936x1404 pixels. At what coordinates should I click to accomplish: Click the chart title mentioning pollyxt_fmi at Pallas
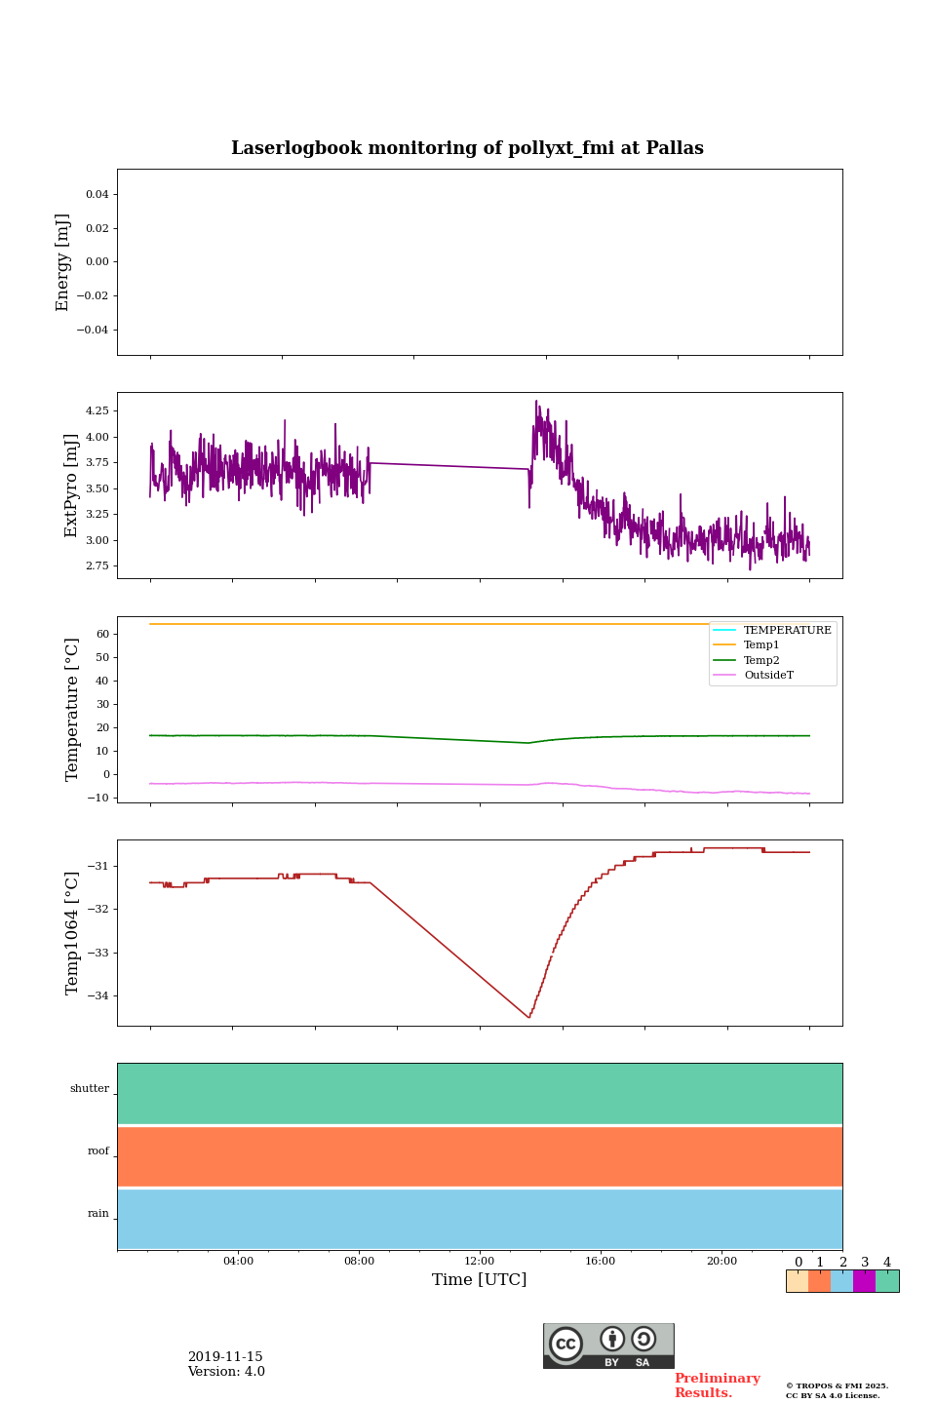click(467, 148)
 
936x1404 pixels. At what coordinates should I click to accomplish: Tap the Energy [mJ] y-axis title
click(63, 262)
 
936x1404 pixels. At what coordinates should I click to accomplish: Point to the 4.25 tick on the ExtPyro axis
click(97, 410)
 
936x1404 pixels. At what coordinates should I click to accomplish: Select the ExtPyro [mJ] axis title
click(71, 486)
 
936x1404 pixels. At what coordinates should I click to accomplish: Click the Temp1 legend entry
click(761, 645)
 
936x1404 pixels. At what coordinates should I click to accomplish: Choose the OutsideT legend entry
click(768, 676)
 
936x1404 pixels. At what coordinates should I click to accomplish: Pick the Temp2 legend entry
click(761, 660)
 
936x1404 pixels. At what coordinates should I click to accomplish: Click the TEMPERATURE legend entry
click(787, 631)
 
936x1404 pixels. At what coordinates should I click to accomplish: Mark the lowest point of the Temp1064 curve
click(529, 1018)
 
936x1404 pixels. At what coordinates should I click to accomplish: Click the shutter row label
click(90, 1089)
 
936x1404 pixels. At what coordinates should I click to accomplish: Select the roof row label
click(98, 1151)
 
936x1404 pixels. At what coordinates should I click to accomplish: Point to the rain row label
click(98, 1214)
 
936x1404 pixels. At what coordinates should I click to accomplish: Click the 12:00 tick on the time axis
click(480, 1262)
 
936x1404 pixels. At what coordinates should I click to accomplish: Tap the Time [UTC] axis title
click(480, 1280)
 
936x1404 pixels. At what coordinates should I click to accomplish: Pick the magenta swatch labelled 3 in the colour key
click(864, 1281)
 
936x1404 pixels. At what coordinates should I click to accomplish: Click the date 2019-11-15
click(225, 1357)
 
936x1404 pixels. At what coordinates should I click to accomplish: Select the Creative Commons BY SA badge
click(608, 1345)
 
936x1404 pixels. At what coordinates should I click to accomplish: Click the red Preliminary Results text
click(717, 1385)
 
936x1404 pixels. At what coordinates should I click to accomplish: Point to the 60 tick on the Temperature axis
click(101, 634)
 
